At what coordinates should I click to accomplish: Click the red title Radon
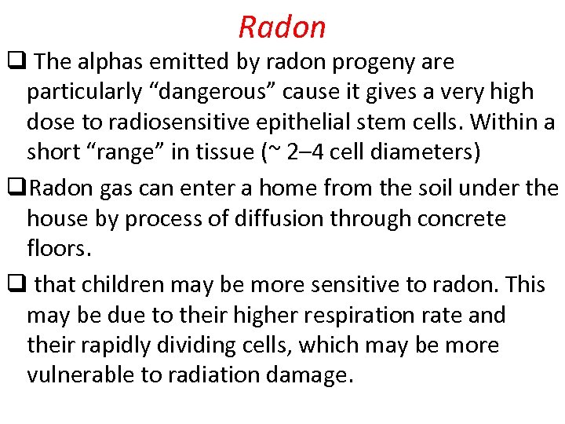click(x=282, y=27)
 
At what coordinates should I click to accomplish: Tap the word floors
click(x=60, y=249)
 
